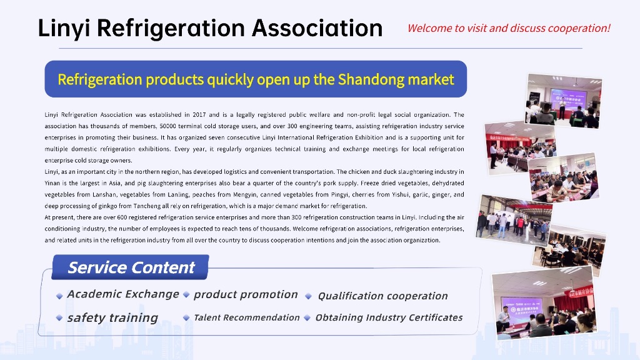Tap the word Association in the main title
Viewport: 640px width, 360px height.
[317, 28]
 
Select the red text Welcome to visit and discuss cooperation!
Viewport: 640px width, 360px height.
[509, 28]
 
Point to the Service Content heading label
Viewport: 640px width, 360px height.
[131, 267]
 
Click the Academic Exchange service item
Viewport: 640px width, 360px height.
[123, 294]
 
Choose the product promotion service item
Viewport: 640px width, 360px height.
[246, 295]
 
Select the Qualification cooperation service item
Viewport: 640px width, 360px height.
[383, 296]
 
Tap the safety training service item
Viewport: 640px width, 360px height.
[112, 318]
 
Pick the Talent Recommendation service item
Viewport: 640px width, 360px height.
[246, 317]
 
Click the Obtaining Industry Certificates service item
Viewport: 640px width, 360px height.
[389, 317]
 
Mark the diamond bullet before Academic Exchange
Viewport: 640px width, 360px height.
[59, 296]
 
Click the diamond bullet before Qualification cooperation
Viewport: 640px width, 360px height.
[309, 296]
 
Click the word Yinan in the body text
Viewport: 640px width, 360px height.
[52, 183]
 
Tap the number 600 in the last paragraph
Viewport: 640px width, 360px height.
[122, 217]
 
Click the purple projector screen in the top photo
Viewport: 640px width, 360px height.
[569, 99]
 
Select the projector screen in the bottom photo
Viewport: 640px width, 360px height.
[522, 308]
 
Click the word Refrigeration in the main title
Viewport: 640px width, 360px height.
[171, 29]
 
